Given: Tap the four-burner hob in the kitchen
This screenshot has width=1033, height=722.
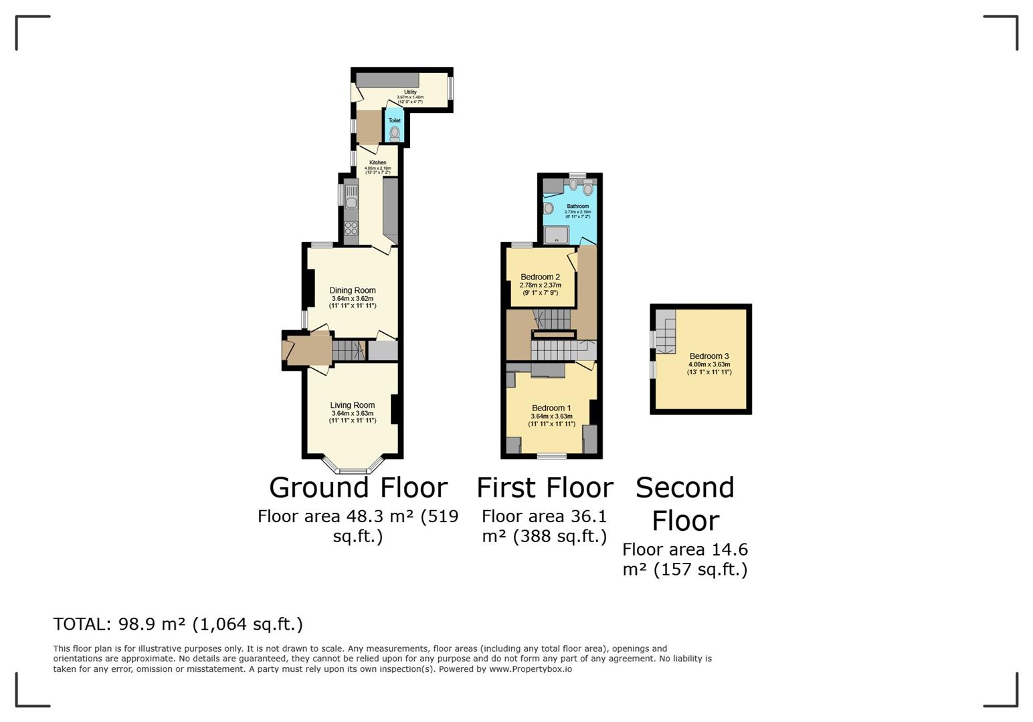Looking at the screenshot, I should [351, 229].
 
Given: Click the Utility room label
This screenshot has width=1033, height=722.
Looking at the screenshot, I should [409, 92].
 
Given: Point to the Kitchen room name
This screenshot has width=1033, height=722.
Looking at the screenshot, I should [377, 162].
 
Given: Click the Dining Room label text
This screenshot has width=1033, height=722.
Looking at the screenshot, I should [352, 290].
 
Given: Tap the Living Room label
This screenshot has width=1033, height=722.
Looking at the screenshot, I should [352, 405].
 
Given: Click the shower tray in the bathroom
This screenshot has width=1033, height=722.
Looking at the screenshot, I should [556, 235].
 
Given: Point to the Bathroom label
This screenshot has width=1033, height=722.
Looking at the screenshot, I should [577, 207].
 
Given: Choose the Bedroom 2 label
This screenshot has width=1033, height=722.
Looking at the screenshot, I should [540, 277].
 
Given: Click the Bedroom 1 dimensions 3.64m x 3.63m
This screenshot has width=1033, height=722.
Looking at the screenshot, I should [551, 416].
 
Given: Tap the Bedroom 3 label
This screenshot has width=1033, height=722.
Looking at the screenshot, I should [709, 356].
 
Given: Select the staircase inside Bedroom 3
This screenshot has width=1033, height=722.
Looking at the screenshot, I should [665, 332].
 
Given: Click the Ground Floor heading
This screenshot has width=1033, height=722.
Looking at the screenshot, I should [358, 488].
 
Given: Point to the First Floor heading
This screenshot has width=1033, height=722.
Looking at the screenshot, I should [545, 488].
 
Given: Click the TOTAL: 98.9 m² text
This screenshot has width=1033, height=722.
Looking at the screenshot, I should [177, 624].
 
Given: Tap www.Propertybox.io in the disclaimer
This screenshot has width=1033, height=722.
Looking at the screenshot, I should [530, 669].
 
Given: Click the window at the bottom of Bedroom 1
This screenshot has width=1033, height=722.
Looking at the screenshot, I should [551, 457].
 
